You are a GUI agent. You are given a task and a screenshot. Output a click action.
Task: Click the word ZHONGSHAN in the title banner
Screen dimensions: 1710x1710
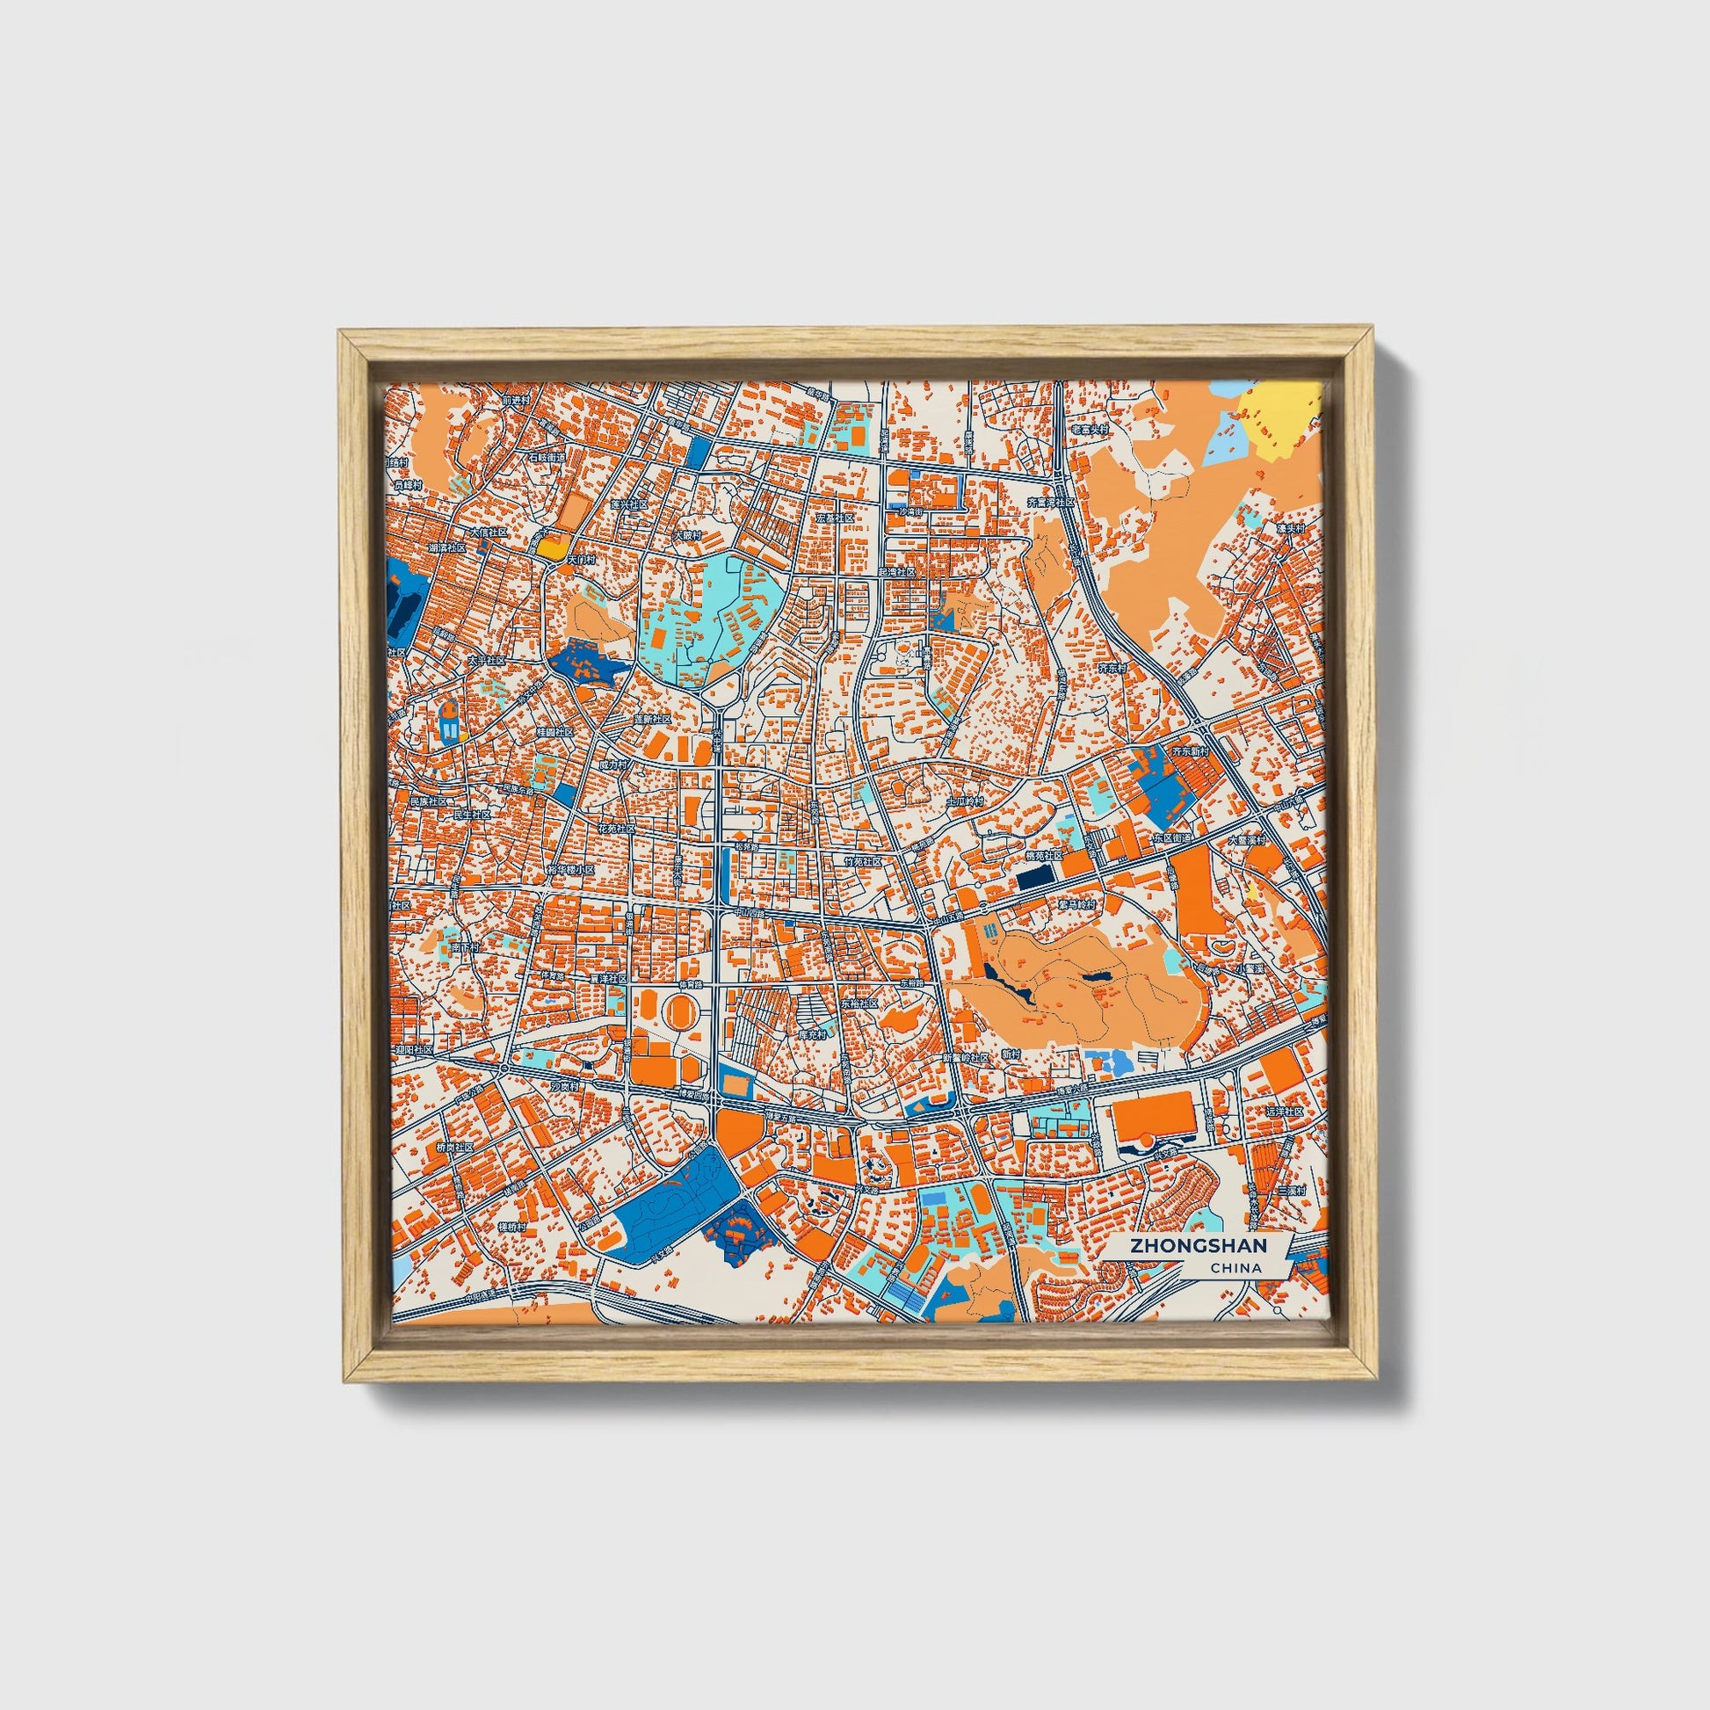pos(1197,1245)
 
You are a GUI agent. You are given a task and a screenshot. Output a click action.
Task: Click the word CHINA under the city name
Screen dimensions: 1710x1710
pos(1237,1268)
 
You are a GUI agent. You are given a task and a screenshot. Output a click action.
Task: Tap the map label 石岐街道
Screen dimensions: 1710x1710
pos(546,458)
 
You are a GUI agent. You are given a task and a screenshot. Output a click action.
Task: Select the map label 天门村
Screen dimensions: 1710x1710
pos(581,560)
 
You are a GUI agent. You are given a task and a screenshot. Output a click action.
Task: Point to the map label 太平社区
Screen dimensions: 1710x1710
pos(486,660)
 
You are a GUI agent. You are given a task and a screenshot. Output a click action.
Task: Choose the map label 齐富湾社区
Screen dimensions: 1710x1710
pos(1050,502)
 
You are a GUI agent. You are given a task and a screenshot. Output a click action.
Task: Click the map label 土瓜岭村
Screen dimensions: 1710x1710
pos(965,801)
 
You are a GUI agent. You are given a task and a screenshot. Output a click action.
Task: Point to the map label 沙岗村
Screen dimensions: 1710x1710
pos(563,1085)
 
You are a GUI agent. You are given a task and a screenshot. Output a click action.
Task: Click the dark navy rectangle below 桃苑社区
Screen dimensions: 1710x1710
pos(1031,879)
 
